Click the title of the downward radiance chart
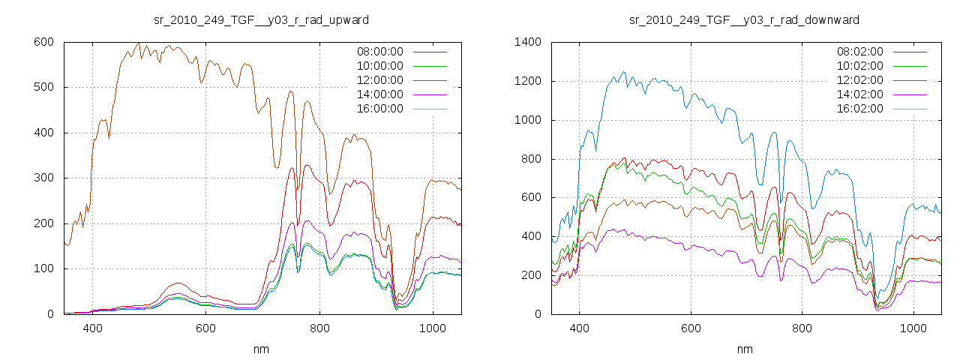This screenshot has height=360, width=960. click(744, 19)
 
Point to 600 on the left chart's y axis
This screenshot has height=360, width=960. click(43, 42)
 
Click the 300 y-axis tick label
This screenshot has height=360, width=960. click(43, 178)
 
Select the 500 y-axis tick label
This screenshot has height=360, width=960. click(43, 87)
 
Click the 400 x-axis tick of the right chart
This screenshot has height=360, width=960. click(579, 328)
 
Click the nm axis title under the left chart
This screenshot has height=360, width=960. click(262, 349)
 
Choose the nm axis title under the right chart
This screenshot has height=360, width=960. click(744, 349)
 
